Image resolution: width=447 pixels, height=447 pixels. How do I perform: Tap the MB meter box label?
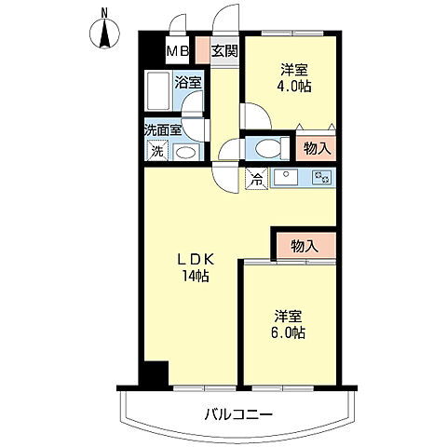pyautogui.click(x=178, y=51)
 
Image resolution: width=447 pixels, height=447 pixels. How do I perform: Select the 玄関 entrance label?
pyautogui.click(x=224, y=50)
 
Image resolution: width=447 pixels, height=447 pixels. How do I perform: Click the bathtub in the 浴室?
pyautogui.click(x=158, y=90)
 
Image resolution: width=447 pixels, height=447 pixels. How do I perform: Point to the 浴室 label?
pyautogui.click(x=188, y=82)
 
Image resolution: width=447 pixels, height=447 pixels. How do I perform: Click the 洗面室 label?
pyautogui.click(x=163, y=130)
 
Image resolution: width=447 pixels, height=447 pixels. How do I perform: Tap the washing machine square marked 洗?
pyautogui.click(x=157, y=151)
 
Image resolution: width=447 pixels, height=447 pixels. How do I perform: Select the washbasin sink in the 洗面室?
pyautogui.click(x=185, y=153)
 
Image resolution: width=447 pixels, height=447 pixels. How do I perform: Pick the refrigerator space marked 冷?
pyautogui.click(x=256, y=178)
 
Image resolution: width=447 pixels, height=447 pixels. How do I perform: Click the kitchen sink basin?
pyautogui.click(x=286, y=177)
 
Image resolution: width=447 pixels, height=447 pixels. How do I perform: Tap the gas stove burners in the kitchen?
pyautogui.click(x=323, y=177)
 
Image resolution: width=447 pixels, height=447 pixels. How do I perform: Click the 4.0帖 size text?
pyautogui.click(x=294, y=87)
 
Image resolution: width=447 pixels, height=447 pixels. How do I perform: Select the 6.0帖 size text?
pyautogui.click(x=288, y=332)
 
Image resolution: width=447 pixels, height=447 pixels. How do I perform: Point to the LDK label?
pyautogui.click(x=196, y=260)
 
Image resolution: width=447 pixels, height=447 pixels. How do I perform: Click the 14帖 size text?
pyautogui.click(x=196, y=276)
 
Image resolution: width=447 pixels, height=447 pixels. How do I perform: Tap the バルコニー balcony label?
pyautogui.click(x=238, y=414)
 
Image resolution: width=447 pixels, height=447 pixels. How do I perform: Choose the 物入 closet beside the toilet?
pyautogui.click(x=317, y=148)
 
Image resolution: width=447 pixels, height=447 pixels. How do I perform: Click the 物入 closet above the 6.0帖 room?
pyautogui.click(x=305, y=247)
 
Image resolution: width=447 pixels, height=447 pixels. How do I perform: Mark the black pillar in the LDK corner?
pyautogui.click(x=154, y=372)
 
